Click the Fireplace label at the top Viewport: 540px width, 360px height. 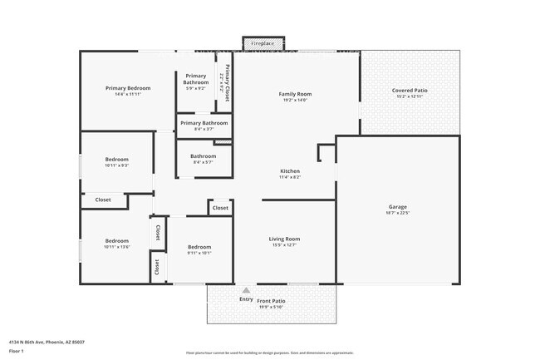263,42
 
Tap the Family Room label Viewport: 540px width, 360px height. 294,94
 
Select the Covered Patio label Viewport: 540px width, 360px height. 410,91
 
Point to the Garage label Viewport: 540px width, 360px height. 398,207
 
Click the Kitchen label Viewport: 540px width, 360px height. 289,171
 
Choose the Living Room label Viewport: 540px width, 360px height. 285,239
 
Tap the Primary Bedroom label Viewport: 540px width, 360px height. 128,88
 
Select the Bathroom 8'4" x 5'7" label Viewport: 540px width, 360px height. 204,155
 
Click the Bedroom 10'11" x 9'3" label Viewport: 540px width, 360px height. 116,160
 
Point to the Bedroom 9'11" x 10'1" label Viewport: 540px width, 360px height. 199,247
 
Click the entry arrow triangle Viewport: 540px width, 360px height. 246,290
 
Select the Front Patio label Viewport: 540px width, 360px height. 271,300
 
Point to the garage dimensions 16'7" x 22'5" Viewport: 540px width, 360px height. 398,213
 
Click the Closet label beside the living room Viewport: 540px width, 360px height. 220,208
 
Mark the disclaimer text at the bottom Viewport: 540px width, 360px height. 269,353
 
